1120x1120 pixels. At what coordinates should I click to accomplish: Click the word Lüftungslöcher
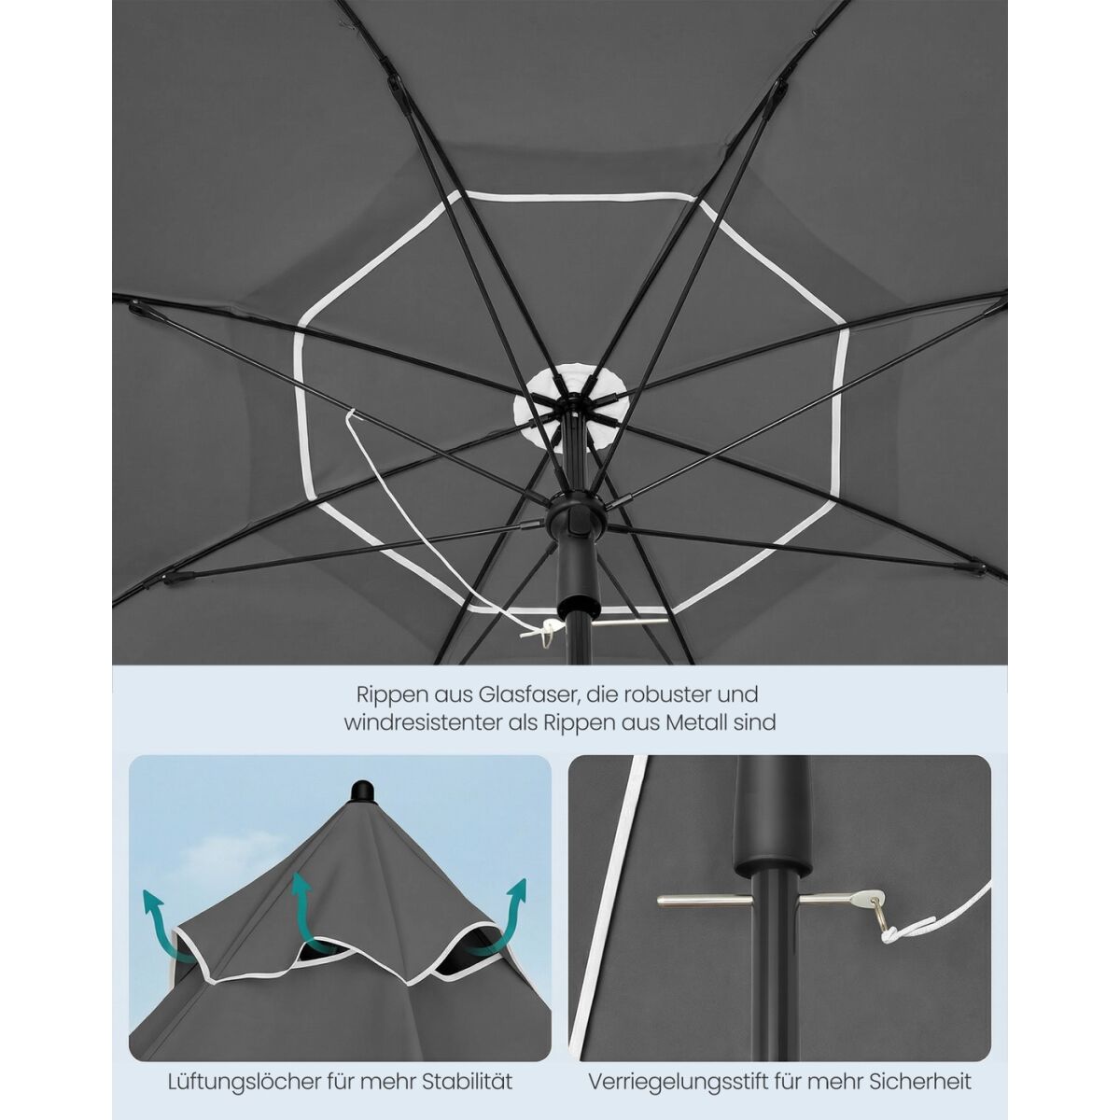(x=245, y=1066)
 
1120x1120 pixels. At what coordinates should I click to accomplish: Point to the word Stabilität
(x=468, y=1066)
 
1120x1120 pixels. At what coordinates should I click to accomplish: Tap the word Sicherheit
(x=921, y=1066)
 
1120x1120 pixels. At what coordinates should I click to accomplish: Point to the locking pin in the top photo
(x=629, y=623)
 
